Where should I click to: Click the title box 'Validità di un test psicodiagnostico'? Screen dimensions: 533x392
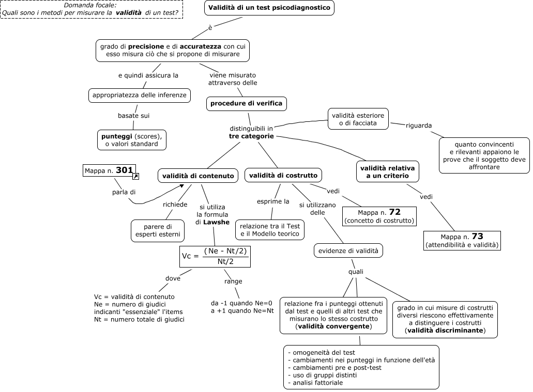pos(269,8)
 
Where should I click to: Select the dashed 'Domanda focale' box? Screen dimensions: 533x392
pos(92,9)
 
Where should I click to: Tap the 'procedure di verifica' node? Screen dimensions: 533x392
pos(247,104)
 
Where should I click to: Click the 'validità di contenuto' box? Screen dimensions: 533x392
pos(198,176)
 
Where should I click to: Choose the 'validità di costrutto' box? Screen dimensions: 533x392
pos(283,175)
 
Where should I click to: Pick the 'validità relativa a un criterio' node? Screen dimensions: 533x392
pos(388,172)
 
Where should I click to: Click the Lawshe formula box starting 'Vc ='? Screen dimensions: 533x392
pos(215,257)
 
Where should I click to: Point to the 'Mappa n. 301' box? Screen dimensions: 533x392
pos(109,170)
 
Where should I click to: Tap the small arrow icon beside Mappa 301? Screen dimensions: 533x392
pos(135,176)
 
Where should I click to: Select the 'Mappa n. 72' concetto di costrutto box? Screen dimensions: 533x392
pos(379,216)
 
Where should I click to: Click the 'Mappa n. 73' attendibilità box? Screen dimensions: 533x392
pos(462,241)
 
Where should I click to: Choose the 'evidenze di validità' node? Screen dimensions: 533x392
pos(348,250)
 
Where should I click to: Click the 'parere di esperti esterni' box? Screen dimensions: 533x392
pos(158,231)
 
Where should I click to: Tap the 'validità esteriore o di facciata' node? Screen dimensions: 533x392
pos(358,119)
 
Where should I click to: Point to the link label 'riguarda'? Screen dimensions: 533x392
pos(418,126)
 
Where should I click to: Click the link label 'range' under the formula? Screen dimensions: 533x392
pos(233,281)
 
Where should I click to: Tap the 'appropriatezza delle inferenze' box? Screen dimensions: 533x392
pos(140,96)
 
